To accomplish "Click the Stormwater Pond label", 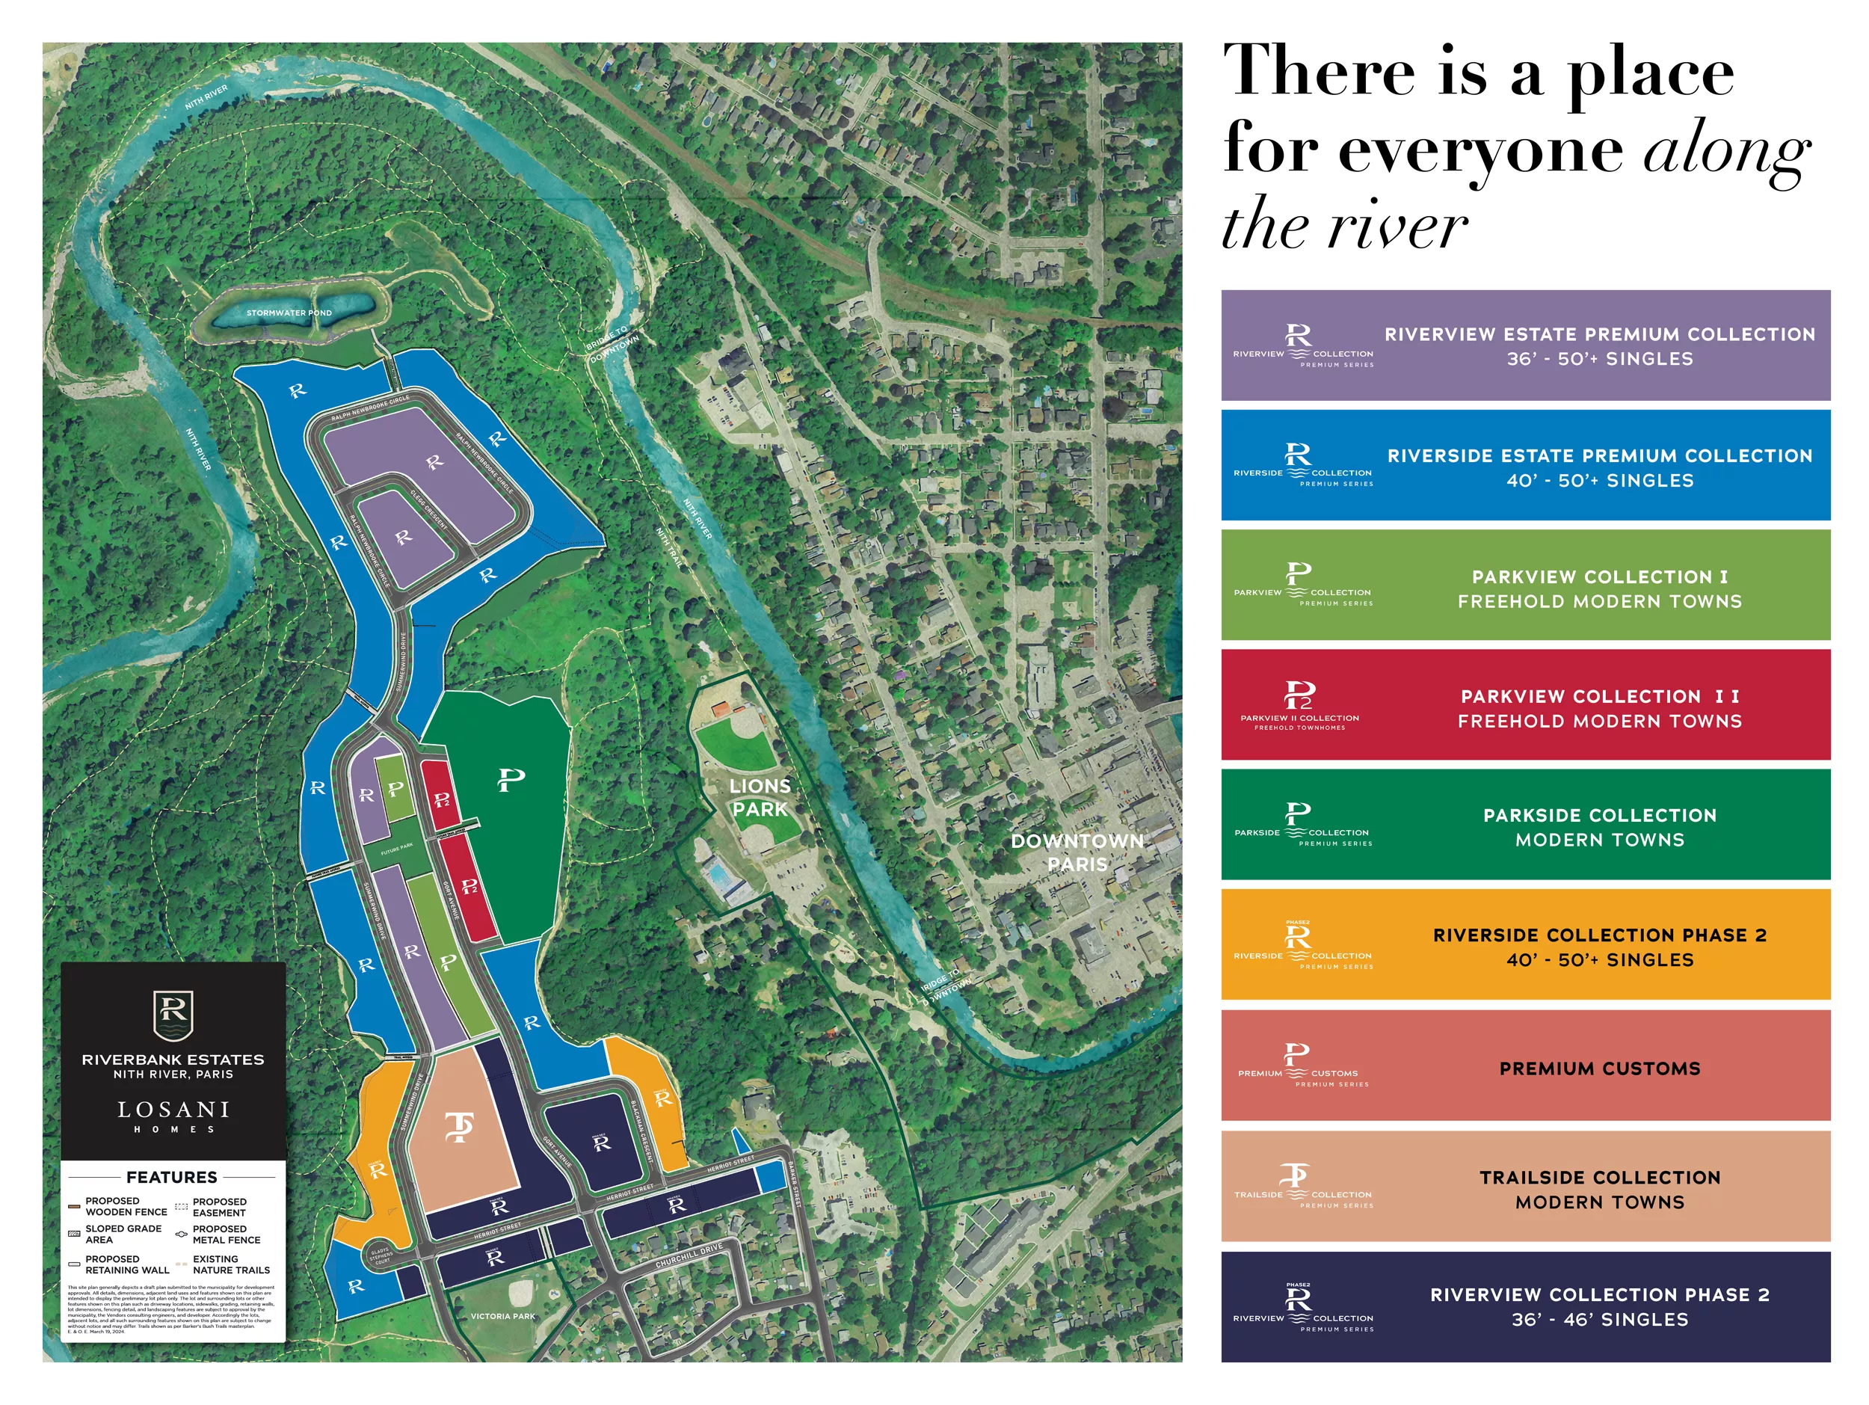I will [289, 313].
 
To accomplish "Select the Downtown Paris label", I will [1077, 852].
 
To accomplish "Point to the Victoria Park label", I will [502, 1315].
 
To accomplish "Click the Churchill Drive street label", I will [689, 1255].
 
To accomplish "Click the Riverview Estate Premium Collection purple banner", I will [1525, 345].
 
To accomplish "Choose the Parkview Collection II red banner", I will [1525, 704].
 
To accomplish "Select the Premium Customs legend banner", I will [1525, 1068].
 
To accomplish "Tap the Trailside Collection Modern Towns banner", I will [1525, 1189].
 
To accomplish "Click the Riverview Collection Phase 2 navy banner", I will [1525, 1306].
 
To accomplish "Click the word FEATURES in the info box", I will [171, 1177].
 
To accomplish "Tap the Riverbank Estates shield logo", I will [173, 1015].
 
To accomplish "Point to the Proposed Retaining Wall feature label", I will [127, 1264].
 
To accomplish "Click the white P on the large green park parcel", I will [511, 779].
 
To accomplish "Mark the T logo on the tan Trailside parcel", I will [459, 1127].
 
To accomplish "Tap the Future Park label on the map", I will [396, 848].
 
